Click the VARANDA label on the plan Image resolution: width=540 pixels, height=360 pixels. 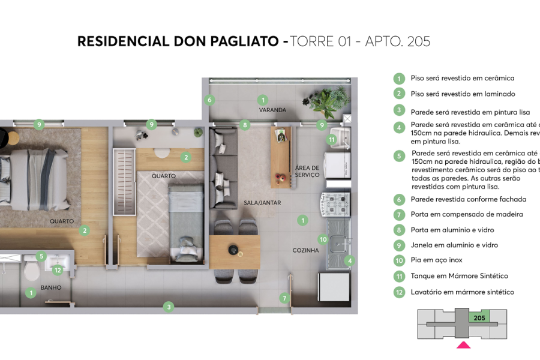272,110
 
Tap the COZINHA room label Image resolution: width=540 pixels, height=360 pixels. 305,250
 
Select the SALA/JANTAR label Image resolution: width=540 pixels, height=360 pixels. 262,203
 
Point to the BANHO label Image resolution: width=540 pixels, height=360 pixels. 51,287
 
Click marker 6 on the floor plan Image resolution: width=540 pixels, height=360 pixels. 209,100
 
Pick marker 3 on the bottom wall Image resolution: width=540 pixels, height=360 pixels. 169,307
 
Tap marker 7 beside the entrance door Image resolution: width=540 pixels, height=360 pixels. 284,298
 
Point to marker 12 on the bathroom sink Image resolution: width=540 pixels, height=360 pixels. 58,270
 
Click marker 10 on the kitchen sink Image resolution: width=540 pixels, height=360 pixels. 323,239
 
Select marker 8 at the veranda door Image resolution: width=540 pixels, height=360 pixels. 245,125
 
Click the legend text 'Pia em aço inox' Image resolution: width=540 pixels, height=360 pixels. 436,260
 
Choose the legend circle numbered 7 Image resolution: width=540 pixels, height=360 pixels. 398,215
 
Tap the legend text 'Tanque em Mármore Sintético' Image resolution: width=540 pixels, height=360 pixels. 459,276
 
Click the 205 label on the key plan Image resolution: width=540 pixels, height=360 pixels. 479,318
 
